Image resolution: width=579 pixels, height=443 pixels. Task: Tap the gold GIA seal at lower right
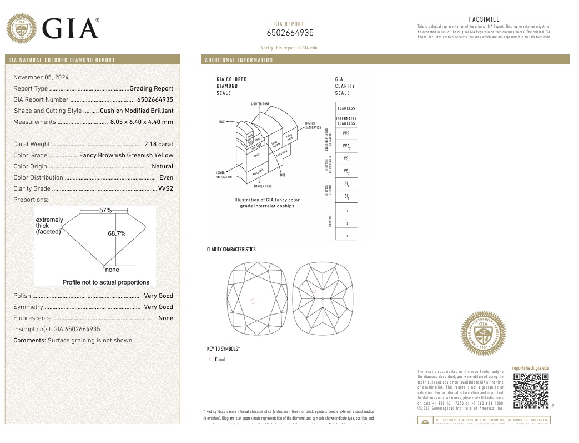483,334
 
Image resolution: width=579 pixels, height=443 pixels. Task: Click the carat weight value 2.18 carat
159,144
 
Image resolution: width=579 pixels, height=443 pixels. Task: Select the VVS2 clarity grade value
165,188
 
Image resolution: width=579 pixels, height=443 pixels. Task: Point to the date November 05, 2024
41,77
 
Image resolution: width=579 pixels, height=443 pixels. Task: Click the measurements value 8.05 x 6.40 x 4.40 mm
142,122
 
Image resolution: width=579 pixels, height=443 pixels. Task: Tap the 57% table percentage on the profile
105,211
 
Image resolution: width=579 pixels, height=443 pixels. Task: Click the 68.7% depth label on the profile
117,234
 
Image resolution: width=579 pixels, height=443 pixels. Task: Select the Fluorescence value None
165,318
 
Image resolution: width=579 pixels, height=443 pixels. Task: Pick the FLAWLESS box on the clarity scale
346,108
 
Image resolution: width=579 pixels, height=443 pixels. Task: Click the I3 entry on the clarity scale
346,235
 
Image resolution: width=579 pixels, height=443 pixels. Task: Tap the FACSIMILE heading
484,19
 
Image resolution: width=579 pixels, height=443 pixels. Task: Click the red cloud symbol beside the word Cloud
211,359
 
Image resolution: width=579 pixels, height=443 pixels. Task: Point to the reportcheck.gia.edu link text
530,368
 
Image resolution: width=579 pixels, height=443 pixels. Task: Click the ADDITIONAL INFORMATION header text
239,60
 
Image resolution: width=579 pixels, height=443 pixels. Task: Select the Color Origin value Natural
162,166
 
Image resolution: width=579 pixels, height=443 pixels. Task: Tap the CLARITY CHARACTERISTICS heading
231,250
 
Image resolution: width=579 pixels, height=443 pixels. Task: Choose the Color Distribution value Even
166,177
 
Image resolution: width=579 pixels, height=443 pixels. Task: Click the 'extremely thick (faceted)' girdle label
49,226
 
